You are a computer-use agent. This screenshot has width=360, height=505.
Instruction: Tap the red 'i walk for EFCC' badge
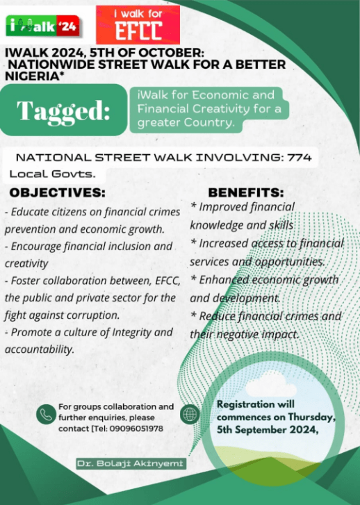pos(137,24)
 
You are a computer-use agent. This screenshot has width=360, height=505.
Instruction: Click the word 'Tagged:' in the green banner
pos(63,110)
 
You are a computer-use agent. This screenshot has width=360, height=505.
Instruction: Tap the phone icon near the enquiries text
pos(46,413)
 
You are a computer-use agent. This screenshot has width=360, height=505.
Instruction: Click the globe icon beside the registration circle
pos(189,414)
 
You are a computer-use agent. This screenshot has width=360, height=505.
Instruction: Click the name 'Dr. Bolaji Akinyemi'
pos(131,463)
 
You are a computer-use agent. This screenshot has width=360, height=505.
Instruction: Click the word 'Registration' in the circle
pos(246,404)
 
